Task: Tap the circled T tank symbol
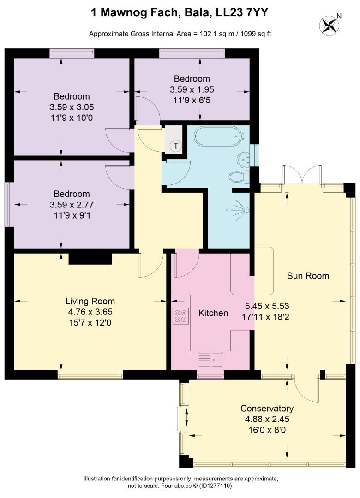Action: point(175,146)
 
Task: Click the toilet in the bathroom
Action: point(239,177)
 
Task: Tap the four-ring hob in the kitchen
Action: point(180,316)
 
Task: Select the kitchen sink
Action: point(210,360)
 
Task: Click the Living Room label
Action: point(90,301)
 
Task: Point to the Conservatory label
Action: point(267,408)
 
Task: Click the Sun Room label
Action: point(308,276)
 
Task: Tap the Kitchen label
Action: point(213,313)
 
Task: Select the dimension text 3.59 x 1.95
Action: point(192,89)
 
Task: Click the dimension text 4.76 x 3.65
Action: point(90,312)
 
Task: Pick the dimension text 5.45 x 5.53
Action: point(267,306)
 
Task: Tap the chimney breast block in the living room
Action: point(90,259)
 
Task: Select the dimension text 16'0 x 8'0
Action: point(267,430)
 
